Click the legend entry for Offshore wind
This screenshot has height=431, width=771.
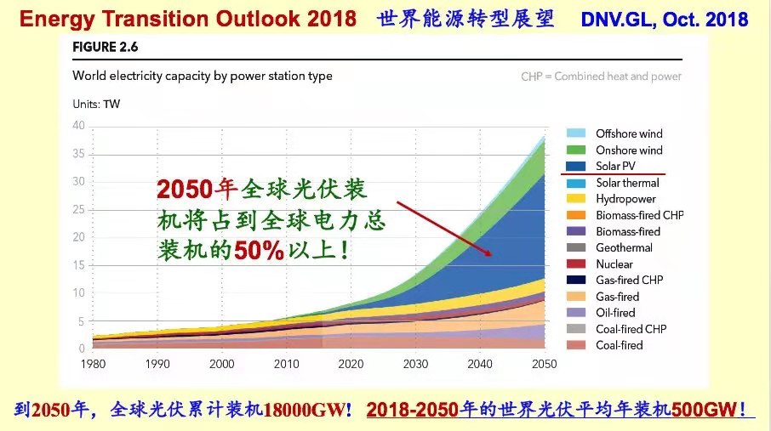[x=629, y=133]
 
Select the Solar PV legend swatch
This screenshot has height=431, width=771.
[x=576, y=166]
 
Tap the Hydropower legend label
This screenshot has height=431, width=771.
[x=625, y=199]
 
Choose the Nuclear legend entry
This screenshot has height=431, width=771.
[x=614, y=264]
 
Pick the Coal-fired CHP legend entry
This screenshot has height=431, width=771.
[x=631, y=329]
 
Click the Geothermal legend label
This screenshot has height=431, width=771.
[x=624, y=248]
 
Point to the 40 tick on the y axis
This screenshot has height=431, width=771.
[x=78, y=126]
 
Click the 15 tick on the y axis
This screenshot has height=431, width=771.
[x=78, y=265]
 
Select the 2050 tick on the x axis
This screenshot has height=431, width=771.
[x=543, y=364]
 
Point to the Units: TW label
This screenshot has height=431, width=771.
[x=96, y=105]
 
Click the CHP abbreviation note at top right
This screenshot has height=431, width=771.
[x=601, y=77]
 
